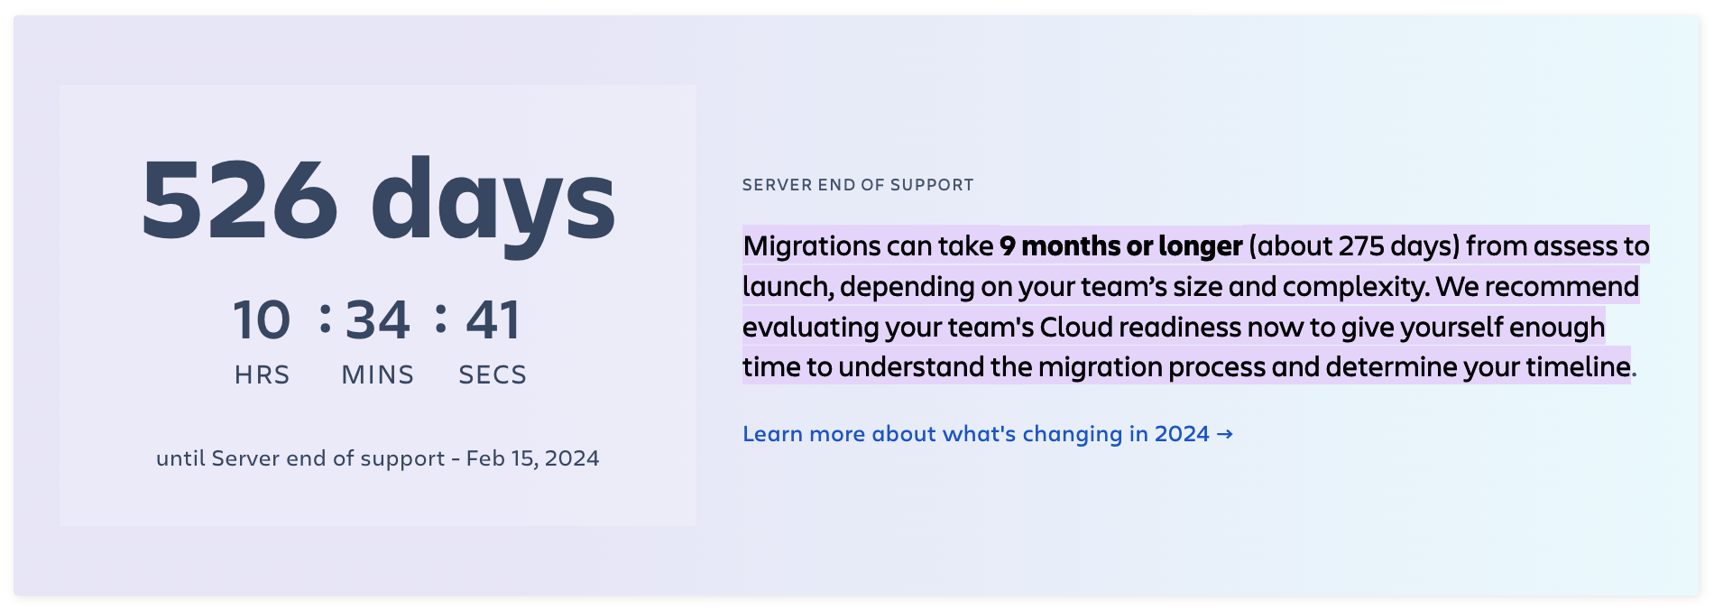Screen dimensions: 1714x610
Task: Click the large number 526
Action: click(240, 199)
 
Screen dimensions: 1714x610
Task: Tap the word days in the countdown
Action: click(493, 205)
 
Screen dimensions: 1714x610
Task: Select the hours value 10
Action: click(262, 320)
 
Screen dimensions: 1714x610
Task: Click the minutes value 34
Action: click(378, 320)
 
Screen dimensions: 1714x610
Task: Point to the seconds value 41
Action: click(493, 320)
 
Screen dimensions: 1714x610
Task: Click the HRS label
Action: click(263, 374)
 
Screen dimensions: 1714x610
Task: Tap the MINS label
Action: click(378, 374)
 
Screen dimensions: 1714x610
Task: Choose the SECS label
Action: click(493, 374)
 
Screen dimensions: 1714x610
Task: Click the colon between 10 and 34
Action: click(326, 319)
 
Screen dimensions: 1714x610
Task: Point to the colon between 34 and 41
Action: click(440, 319)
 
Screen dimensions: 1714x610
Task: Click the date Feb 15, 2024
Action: click(532, 458)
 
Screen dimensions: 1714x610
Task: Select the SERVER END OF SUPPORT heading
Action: click(858, 185)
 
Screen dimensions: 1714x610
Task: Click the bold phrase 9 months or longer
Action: click(1121, 245)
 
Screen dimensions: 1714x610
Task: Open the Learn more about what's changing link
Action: click(988, 434)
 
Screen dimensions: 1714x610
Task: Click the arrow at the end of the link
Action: click(1224, 434)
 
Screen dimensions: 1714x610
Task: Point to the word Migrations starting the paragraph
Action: click(812, 246)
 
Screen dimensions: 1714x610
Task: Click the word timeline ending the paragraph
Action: click(1578, 366)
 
